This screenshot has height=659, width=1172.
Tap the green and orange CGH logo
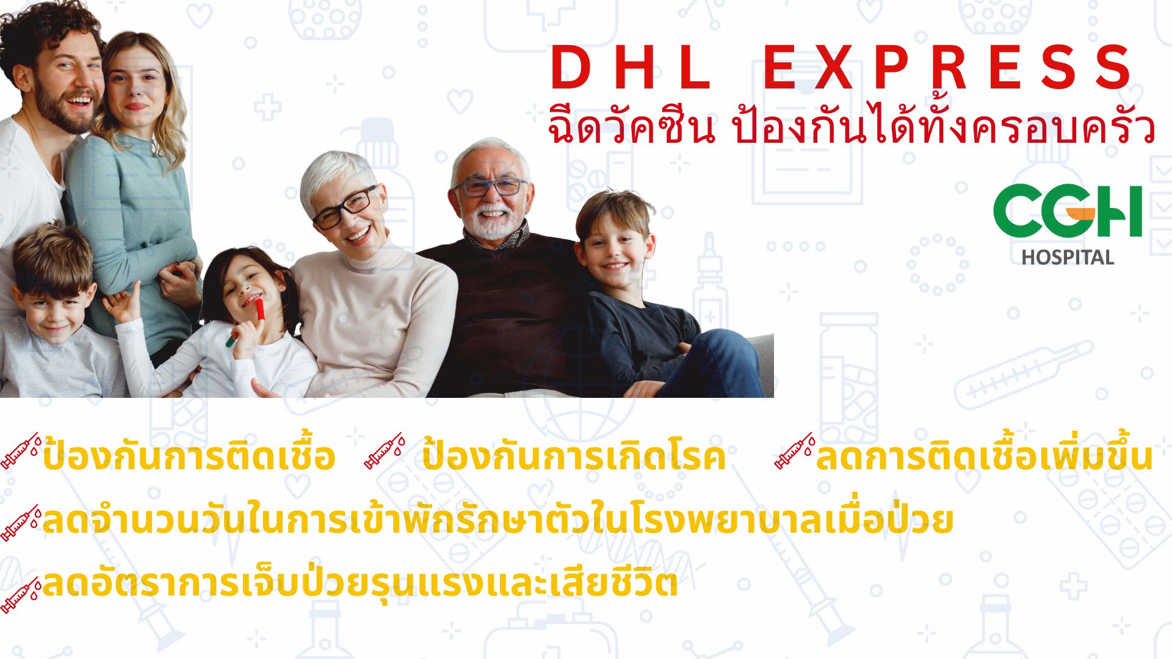1068,211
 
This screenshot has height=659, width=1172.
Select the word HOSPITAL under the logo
1068,257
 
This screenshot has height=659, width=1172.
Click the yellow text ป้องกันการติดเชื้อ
189,456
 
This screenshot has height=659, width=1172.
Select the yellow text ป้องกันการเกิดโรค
574,456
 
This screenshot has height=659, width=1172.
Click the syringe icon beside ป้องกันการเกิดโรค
385,451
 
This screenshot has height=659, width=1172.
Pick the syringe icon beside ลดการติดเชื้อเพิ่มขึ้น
795,451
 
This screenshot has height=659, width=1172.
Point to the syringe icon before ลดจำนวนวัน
21,523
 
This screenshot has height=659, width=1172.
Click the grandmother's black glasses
345,207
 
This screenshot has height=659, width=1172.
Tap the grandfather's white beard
492,222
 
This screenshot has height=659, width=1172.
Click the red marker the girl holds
259,309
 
